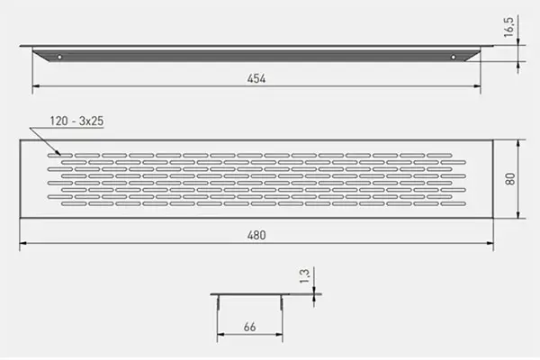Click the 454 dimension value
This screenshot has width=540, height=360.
coord(256,78)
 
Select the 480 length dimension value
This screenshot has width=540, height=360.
coord(256,235)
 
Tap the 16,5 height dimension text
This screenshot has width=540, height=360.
coord(508,26)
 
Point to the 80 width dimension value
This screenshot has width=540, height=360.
coord(510,179)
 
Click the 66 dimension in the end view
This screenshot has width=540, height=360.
coord(249,327)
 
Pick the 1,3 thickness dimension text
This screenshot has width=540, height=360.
coord(304,276)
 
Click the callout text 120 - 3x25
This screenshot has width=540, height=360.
coord(76,121)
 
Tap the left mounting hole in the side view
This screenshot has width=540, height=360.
coord(59,57)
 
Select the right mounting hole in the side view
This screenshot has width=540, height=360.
coord(454,58)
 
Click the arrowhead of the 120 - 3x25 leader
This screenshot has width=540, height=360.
coord(58,153)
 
